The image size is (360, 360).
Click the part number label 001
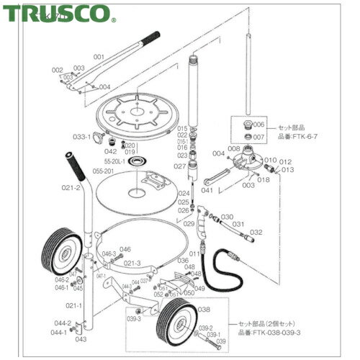pyautogui.click(x=99, y=55)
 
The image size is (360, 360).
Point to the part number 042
pyautogui.click(x=110, y=152)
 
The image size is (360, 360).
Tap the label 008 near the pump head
pyautogui.click(x=234, y=148)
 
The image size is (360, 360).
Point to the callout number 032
pyautogui.click(x=256, y=232)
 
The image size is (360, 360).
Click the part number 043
pyautogui.click(x=81, y=338)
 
